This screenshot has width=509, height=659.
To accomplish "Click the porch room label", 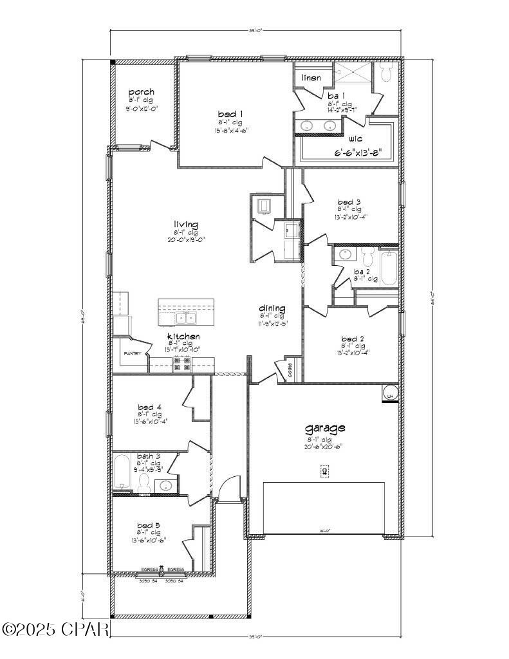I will (141, 93).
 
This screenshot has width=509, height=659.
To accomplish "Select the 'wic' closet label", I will (355, 139).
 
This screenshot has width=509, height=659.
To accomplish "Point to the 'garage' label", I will (325, 428).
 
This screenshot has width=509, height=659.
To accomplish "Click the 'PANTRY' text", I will (132, 353).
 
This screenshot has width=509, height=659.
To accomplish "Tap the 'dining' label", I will (272, 308).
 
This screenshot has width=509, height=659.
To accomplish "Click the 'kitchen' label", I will (183, 337).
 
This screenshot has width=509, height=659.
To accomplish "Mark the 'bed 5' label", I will (149, 526).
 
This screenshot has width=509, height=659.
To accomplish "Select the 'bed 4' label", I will (149, 407).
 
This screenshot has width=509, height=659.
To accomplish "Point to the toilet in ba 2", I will (368, 257).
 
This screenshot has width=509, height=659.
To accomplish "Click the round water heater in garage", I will (390, 393).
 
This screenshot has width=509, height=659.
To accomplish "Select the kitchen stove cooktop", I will (181, 364).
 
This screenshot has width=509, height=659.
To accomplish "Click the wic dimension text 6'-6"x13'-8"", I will (362, 153).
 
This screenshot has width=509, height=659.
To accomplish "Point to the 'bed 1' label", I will (230, 114).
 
